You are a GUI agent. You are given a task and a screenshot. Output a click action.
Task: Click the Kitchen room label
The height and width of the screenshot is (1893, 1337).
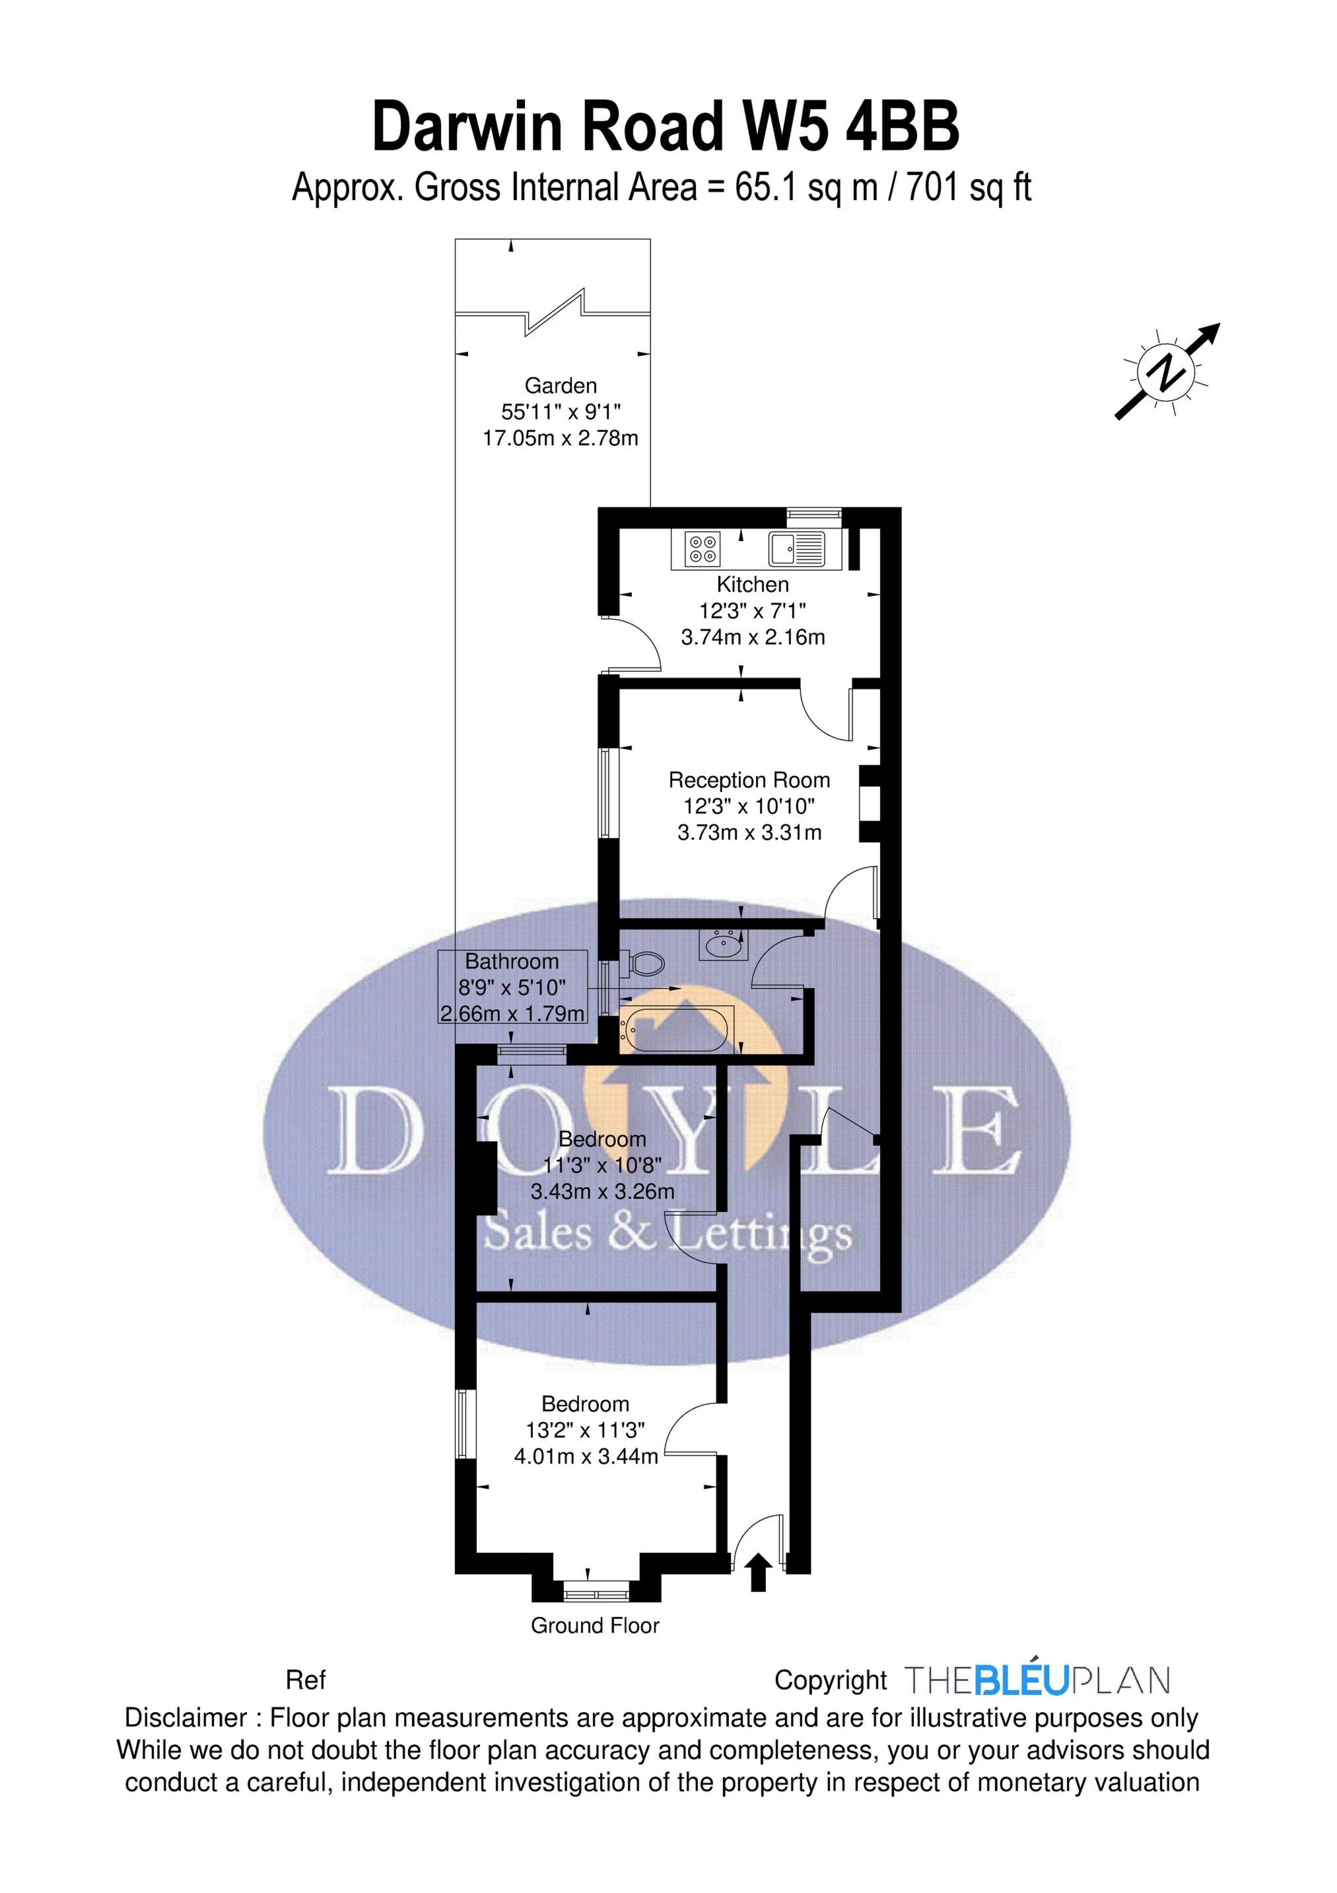752,585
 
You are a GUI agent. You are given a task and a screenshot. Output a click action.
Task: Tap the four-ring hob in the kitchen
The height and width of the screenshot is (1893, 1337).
703,549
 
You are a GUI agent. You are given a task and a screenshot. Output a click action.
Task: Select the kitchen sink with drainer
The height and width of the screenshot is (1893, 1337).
796,549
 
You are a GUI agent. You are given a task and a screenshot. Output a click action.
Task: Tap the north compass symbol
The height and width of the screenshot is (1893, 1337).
1167,372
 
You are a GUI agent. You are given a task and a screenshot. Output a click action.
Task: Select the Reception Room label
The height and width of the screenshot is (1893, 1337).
749,780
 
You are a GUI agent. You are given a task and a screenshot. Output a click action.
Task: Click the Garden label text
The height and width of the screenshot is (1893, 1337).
561,385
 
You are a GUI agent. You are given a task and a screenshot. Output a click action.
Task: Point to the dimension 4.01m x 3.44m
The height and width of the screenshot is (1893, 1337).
586,1457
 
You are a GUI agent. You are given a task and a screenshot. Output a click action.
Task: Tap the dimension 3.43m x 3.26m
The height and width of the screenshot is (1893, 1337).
603,1192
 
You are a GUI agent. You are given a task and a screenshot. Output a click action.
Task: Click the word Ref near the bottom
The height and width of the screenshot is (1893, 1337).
306,1680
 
